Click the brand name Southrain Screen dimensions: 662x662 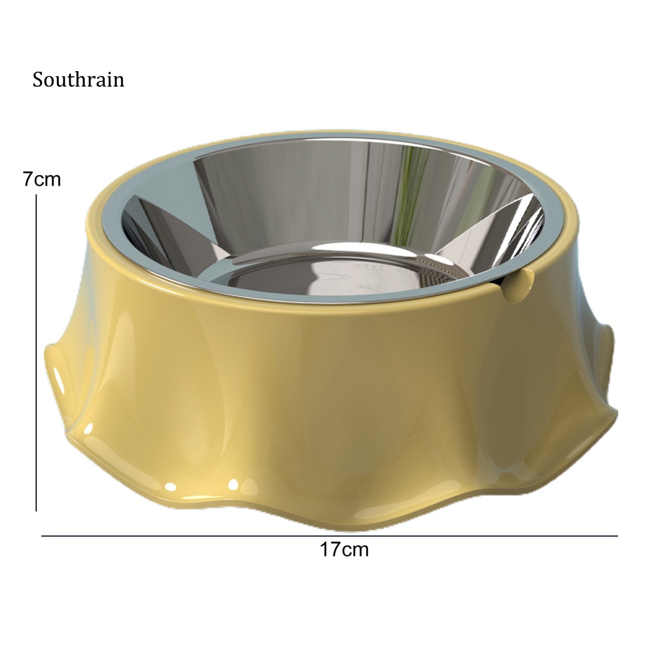pyautogui.click(x=78, y=80)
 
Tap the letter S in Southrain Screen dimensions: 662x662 pyautogui.click(x=38, y=80)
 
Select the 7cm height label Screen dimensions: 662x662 pyautogui.click(x=42, y=180)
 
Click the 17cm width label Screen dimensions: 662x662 pyautogui.click(x=344, y=550)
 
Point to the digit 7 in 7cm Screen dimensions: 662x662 pyautogui.click(x=28, y=180)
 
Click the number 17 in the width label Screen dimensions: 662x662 pyautogui.click(x=330, y=550)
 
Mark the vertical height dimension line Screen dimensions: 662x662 pyautogui.click(x=36, y=353)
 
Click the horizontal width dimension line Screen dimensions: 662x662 pyautogui.click(x=330, y=536)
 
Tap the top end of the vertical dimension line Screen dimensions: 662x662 pyautogui.click(x=36, y=195)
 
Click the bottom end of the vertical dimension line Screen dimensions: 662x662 pyautogui.click(x=36, y=511)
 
